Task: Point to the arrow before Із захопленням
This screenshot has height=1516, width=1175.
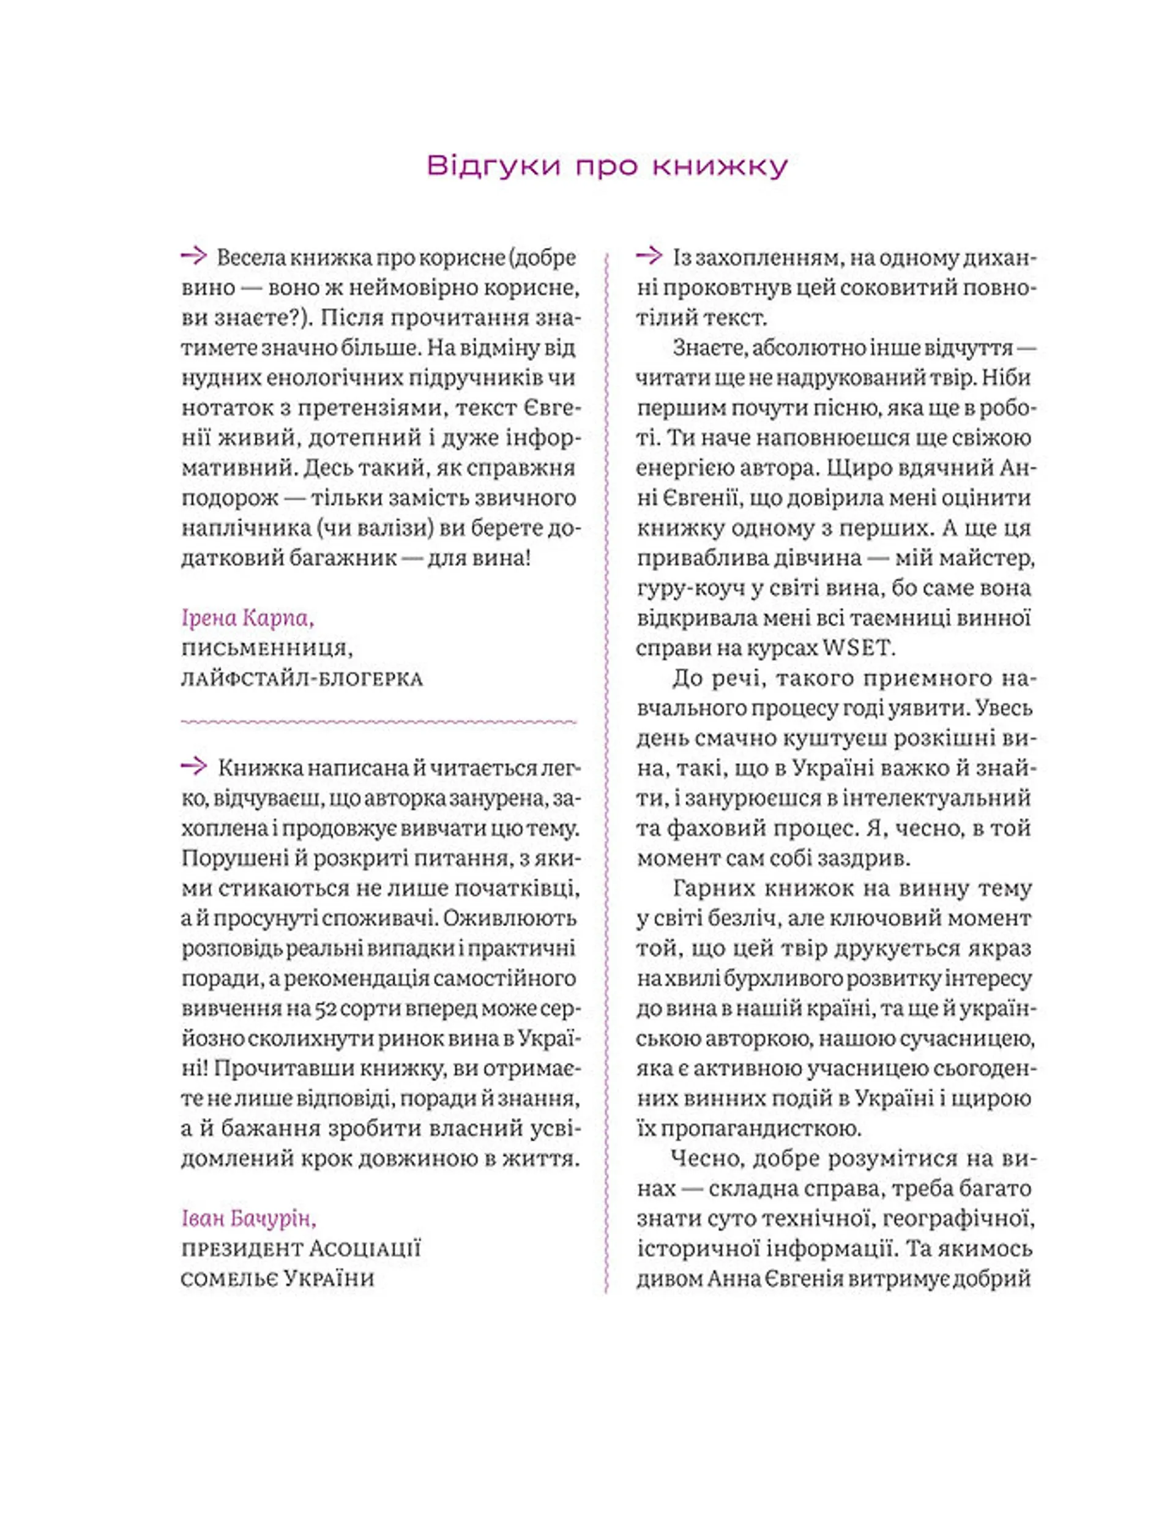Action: coord(649,257)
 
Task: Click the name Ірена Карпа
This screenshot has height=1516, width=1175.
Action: coord(248,618)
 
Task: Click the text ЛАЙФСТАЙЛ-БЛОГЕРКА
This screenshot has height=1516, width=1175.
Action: coord(302,679)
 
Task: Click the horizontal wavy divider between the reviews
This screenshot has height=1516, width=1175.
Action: coord(379,722)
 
